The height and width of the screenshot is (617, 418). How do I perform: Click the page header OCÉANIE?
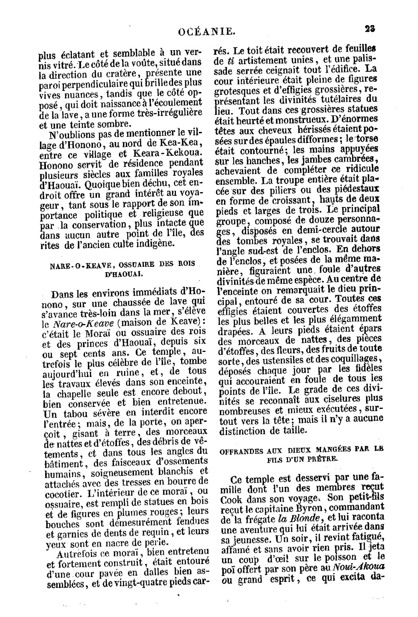point(206,30)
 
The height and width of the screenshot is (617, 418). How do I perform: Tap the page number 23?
point(369,29)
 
